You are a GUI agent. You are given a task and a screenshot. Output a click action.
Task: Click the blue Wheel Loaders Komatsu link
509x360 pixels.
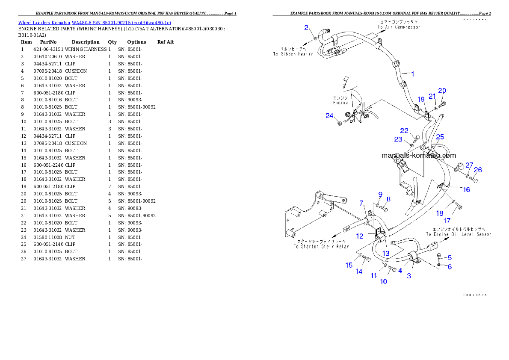coord(95,23)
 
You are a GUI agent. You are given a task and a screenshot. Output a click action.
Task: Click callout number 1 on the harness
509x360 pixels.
coord(413,74)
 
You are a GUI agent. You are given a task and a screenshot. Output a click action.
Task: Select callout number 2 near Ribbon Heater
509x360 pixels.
coord(306,28)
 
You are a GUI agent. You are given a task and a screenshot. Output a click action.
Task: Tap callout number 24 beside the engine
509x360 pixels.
coord(329,116)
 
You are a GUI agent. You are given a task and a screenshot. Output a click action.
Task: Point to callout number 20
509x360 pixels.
coord(442,91)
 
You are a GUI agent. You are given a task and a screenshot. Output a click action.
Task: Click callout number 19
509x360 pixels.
coord(421,99)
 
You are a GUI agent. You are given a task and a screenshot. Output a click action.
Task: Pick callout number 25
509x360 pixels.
coord(440,137)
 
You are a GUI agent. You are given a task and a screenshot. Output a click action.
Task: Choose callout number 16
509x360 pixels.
coord(466,189)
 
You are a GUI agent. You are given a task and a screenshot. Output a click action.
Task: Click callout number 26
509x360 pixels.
coord(478,170)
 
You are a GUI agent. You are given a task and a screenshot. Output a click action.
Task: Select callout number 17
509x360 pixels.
coord(447,221)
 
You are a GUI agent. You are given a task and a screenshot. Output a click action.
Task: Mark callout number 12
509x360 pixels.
coord(360,236)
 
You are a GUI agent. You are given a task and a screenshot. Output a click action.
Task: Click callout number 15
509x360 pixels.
coord(349,266)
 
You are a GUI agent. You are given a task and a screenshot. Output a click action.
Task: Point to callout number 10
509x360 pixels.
coord(384,281)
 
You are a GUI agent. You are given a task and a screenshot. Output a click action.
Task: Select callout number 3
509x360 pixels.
coord(409,276)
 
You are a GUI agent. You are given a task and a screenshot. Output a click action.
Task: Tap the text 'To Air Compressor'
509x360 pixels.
coord(399,27)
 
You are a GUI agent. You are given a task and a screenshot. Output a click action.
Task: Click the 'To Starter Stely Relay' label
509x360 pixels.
coord(321,247)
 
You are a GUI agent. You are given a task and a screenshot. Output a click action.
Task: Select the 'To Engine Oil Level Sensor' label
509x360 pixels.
coord(458,234)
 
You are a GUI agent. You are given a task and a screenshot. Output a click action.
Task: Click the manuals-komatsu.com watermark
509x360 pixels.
coord(419,156)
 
